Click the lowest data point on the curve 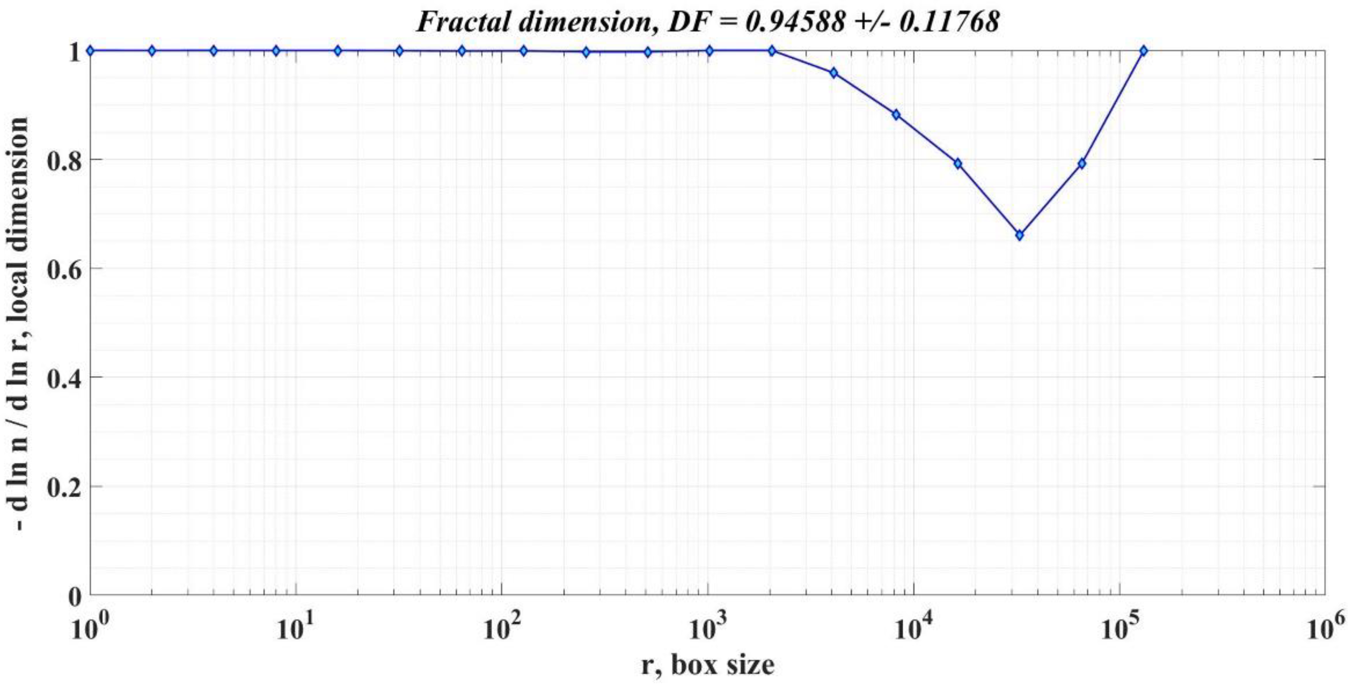1020,235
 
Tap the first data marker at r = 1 90,50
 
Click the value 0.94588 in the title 794,22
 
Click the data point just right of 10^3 772,50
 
